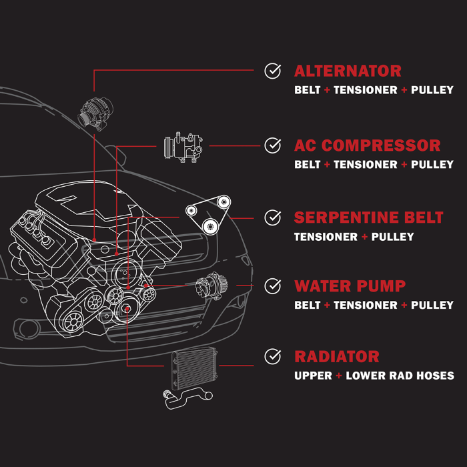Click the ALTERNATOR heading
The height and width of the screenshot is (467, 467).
tap(348, 71)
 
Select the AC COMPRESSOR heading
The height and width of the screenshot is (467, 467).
tap(367, 145)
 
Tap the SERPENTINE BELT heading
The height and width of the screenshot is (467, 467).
tap(368, 218)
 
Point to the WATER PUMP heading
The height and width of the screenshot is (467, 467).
tap(350, 287)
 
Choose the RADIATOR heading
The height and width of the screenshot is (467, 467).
tap(336, 357)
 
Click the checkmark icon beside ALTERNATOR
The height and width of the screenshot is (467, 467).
tap(272, 71)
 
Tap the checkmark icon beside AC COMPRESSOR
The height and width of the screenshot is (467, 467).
tap(272, 145)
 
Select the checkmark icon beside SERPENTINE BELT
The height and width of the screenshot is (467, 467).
tap(272, 217)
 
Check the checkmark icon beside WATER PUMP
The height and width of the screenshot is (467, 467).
tap(272, 286)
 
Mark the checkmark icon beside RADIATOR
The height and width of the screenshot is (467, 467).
tap(272, 356)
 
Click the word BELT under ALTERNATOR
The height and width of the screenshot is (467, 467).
tap(308, 90)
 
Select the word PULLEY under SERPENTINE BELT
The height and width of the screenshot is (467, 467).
tap(392, 237)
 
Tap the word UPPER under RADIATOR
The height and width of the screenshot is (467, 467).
tap(313, 376)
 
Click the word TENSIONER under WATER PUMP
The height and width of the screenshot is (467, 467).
tap(366, 306)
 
